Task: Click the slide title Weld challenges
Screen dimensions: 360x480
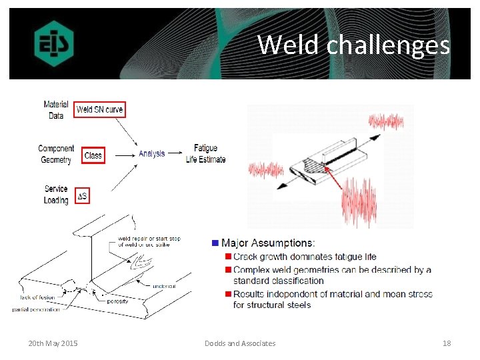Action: (353, 45)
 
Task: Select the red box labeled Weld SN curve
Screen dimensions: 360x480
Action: (99, 109)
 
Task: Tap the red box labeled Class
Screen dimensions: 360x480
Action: (93, 155)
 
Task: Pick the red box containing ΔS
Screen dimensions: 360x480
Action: (83, 196)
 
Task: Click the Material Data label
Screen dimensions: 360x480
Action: (56, 110)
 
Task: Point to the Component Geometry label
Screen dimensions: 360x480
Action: (56, 154)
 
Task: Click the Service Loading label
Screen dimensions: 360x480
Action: (56, 195)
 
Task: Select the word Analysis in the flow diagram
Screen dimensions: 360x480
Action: (152, 154)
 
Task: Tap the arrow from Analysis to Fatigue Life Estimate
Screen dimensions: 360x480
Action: (176, 154)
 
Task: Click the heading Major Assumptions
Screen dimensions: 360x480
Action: (268, 243)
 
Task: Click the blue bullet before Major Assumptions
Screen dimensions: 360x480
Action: (215, 243)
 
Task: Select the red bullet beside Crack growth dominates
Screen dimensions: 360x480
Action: (227, 257)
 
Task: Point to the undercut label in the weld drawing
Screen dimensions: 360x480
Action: (164, 286)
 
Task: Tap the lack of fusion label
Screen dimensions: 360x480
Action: (38, 297)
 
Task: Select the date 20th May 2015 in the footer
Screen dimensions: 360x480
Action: (53, 343)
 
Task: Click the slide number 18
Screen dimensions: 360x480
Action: (447, 343)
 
